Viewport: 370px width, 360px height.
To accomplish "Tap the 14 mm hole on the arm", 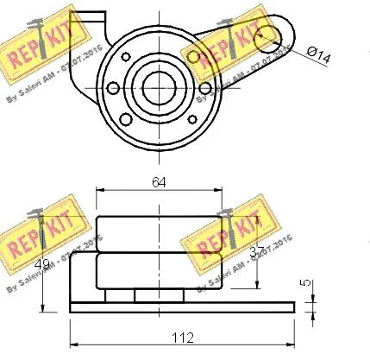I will pos(267,35).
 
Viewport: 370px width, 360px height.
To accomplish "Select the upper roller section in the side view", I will pos(159,233).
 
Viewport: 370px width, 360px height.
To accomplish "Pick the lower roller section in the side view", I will pos(159,272).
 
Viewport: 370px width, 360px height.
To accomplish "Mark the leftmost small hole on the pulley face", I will pos(112,86).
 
